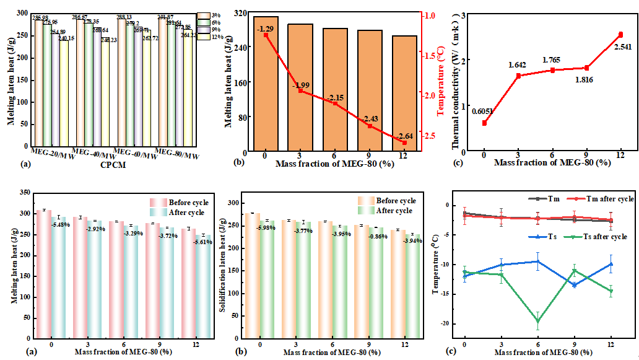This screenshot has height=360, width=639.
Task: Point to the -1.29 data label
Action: click(x=265, y=29)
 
